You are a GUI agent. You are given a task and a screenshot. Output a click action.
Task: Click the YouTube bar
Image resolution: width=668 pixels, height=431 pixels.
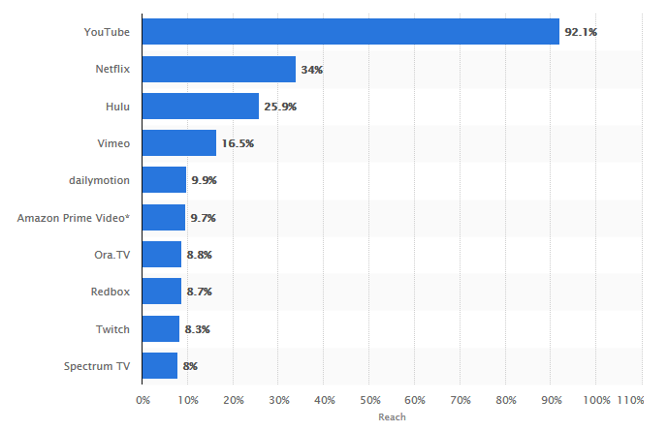coord(351,32)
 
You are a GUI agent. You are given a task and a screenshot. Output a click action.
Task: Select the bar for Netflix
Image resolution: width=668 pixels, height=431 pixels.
coord(219,70)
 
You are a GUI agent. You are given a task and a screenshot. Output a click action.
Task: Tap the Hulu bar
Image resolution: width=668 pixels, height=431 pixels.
coord(201,107)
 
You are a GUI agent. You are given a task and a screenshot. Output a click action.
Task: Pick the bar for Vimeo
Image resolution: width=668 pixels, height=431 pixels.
coord(179,143)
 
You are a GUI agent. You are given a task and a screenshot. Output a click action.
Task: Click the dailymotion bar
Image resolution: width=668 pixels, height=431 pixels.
coord(165,180)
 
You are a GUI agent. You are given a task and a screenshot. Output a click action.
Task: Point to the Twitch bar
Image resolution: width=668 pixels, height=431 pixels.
coord(161,329)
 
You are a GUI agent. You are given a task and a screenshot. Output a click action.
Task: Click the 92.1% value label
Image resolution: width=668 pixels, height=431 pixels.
coord(582,33)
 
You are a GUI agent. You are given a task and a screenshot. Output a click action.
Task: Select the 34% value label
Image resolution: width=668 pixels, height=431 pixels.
coord(312,70)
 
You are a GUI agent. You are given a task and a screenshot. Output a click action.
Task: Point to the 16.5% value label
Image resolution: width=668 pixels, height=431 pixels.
coord(238,144)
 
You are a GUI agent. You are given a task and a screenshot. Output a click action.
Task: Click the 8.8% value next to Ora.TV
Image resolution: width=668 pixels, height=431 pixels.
coord(199,255)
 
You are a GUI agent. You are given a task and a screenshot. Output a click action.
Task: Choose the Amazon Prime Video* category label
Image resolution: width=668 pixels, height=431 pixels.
coord(74,218)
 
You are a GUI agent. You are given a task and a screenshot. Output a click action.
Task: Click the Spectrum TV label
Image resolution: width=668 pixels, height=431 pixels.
coord(97,367)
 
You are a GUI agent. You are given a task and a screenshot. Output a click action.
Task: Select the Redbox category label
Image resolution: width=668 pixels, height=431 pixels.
coord(111,292)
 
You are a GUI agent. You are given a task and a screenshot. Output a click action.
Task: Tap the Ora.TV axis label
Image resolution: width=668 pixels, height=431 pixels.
coord(111,255)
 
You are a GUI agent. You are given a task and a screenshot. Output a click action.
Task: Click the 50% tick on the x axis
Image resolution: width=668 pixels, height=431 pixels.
coord(369,400)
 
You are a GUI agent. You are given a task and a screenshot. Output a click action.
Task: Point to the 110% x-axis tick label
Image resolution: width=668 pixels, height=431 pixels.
coord(629,400)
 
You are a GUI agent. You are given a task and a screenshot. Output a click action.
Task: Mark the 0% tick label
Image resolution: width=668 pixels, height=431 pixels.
coord(143,400)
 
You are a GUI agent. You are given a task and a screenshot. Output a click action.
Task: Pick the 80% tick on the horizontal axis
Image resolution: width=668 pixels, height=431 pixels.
coord(506,400)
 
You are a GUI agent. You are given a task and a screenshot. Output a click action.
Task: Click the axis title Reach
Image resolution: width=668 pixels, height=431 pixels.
coord(392,417)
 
